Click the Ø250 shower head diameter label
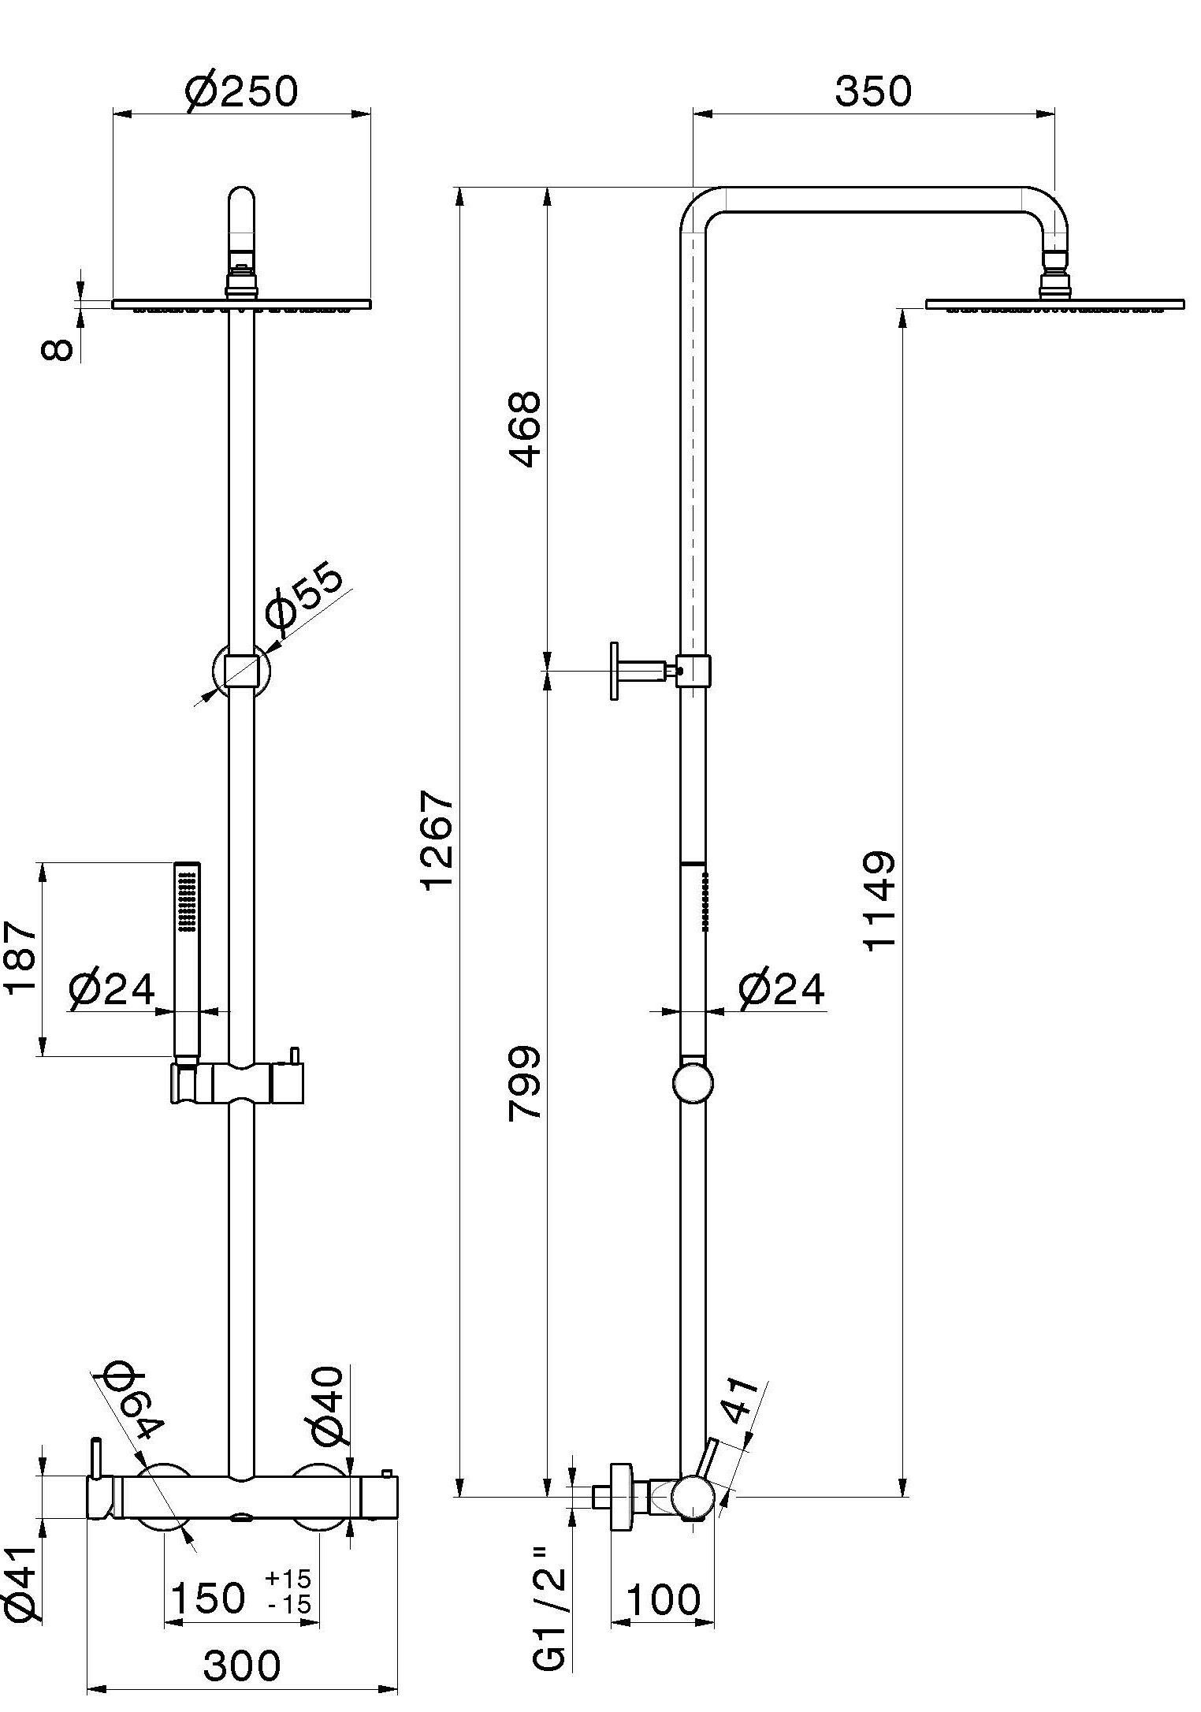click(x=242, y=91)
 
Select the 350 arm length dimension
click(x=872, y=91)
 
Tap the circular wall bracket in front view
click(x=241, y=671)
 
